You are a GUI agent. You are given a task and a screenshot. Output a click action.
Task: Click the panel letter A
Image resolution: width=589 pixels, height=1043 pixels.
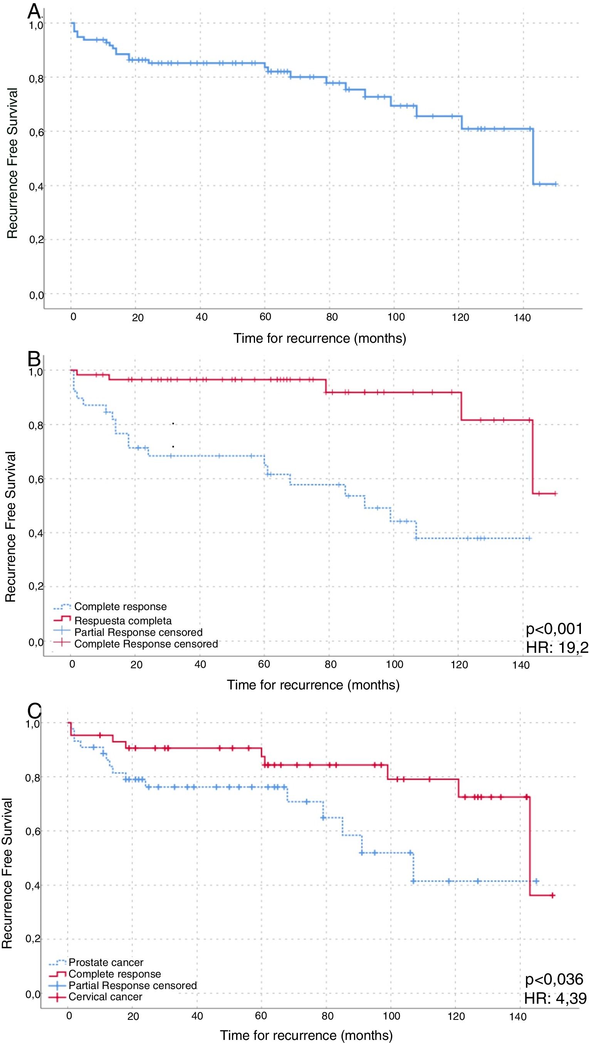point(34,12)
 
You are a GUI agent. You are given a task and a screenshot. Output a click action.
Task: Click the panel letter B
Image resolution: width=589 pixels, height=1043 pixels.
point(34,359)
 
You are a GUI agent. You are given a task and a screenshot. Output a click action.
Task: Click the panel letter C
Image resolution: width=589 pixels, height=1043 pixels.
point(34,710)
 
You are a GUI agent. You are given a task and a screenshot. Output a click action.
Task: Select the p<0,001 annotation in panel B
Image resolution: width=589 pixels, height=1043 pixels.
point(554,629)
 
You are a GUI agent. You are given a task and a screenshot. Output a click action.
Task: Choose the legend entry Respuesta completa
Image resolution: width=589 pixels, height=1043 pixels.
point(122,621)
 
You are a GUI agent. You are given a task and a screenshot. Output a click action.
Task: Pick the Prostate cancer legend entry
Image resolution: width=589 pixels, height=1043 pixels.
point(106,963)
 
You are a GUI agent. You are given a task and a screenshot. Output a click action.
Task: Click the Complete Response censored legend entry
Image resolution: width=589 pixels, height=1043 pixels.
point(146,644)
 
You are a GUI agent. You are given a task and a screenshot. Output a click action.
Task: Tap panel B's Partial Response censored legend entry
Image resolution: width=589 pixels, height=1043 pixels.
point(138,632)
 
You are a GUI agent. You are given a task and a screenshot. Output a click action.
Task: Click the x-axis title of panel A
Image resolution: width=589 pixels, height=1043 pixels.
point(319,338)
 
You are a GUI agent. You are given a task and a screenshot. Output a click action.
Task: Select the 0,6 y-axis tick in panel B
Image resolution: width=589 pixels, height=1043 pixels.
point(36,480)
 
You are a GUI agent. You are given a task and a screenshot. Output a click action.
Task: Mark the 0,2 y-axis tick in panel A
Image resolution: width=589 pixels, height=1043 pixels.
point(36,240)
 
